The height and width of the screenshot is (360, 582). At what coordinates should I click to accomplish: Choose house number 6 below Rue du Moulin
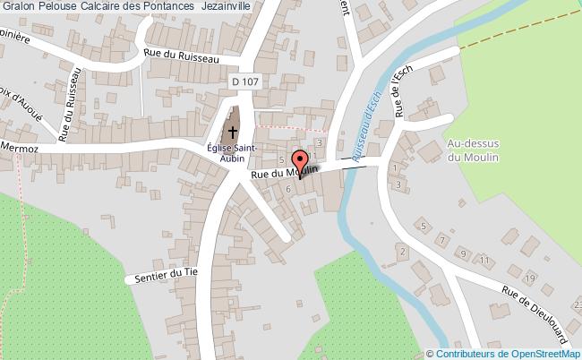[287, 189]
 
